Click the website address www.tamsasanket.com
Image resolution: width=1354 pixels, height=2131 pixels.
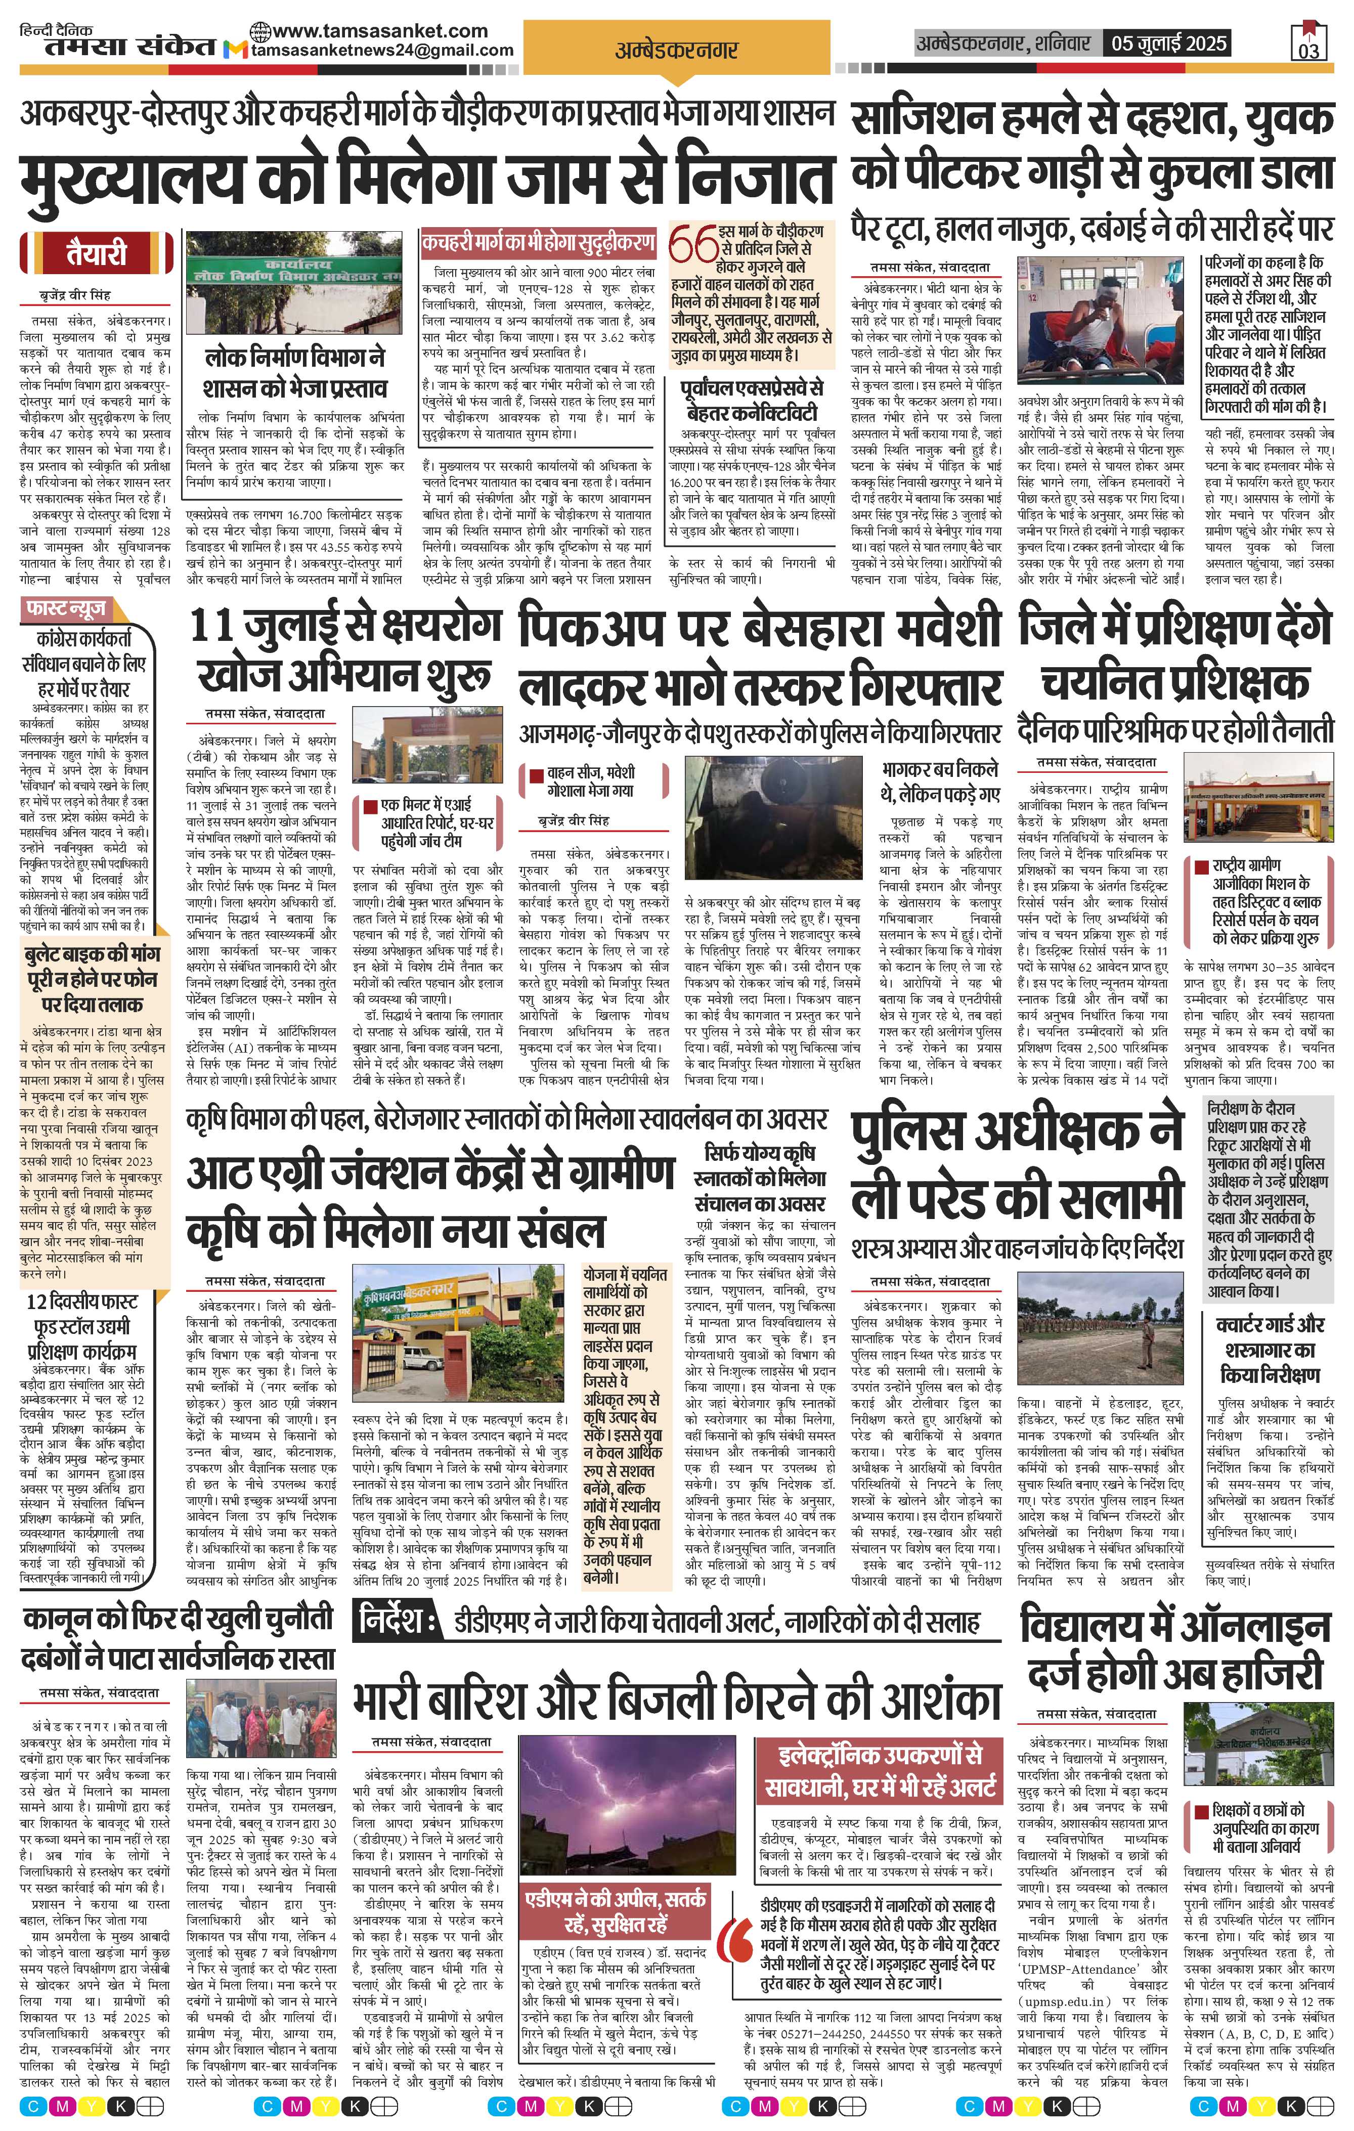[x=380, y=31]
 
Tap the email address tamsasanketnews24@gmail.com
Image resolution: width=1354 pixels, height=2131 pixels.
[x=382, y=51]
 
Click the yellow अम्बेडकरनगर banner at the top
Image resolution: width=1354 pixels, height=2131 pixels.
[x=677, y=51]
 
